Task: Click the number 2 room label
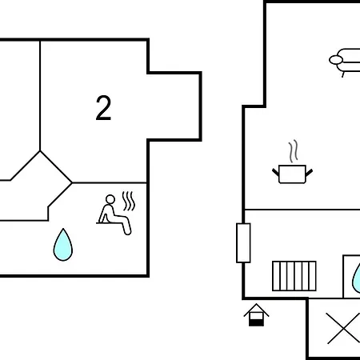tap(103, 108)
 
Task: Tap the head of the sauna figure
tap(110, 199)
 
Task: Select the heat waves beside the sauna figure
tap(129, 202)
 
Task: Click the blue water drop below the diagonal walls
tap(63, 245)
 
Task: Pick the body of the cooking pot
tap(292, 174)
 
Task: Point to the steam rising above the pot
tap(293, 151)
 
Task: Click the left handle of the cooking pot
tap(275, 172)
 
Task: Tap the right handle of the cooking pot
tap(309, 172)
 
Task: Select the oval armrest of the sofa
tap(336, 60)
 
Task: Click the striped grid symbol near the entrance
tap(294, 276)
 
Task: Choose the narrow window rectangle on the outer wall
tap(243, 243)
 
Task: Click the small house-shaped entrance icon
tap(256, 314)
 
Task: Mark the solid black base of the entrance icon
tap(256, 322)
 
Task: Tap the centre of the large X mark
tap(343, 328)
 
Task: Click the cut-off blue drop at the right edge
tap(356, 278)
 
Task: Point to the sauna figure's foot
tap(128, 232)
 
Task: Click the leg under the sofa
tap(343, 74)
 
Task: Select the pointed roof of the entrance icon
tap(256, 310)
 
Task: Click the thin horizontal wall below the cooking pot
tap(302, 210)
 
